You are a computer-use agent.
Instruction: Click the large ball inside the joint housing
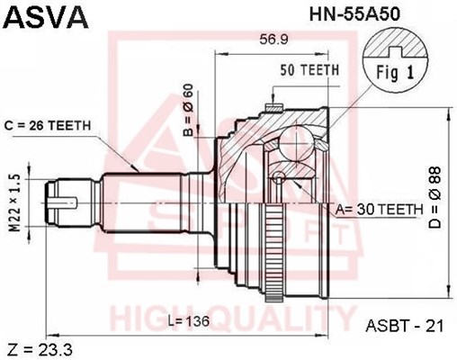[297, 143]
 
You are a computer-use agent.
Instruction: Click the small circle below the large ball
[280, 175]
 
